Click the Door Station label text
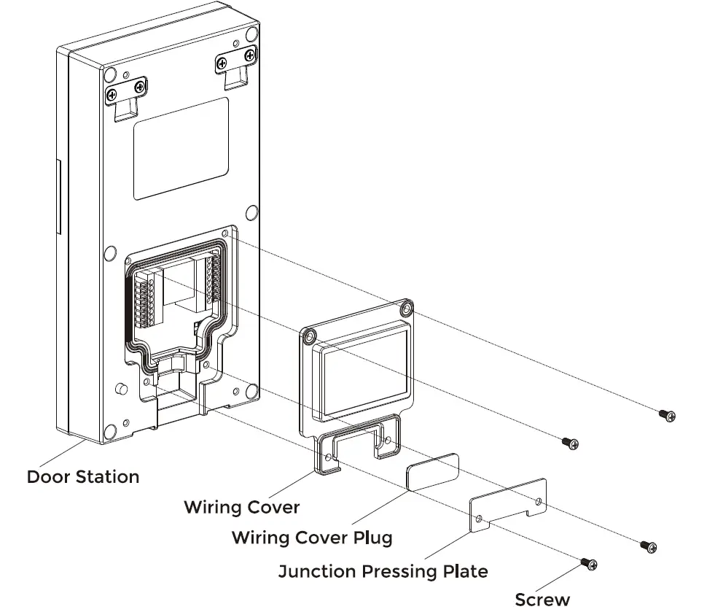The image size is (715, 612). click(82, 477)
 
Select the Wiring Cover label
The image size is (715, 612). click(241, 506)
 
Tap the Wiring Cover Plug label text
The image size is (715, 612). click(312, 538)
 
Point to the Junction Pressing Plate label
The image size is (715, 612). click(383, 570)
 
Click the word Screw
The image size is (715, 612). click(542, 600)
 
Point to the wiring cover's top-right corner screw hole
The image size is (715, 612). click(407, 309)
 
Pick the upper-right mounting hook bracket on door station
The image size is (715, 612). click(238, 66)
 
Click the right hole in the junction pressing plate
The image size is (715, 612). click(538, 502)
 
